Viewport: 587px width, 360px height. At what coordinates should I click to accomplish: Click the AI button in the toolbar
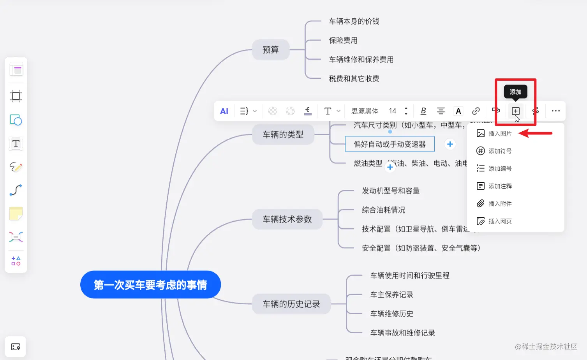coord(224,111)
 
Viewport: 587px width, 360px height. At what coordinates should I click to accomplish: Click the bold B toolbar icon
coord(423,111)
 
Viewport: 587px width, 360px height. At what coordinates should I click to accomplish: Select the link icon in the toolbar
coord(476,111)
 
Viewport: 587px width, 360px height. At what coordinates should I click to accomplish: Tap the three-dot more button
coord(555,111)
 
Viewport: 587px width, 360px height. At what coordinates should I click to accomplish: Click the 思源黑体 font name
coord(365,111)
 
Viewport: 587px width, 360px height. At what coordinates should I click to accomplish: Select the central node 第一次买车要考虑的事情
coord(150,285)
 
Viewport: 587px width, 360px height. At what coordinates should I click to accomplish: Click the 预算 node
coord(271,50)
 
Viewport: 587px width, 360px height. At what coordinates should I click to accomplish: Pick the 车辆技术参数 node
coord(287,219)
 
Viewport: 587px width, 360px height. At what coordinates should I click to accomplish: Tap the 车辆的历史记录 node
coord(291,304)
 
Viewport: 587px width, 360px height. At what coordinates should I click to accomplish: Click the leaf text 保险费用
coord(343,41)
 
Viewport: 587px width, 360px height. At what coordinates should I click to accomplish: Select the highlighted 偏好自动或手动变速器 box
coord(390,144)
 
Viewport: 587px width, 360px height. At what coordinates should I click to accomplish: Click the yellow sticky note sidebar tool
coord(16,214)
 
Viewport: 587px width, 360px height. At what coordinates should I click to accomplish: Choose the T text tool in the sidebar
coord(16,143)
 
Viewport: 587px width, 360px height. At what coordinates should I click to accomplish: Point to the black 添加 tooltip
coord(515,92)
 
